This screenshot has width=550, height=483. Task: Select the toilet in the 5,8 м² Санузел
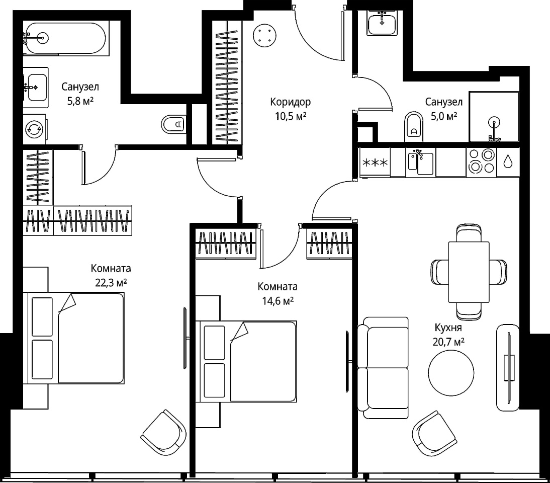[173, 124]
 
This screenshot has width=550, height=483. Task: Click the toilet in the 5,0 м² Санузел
[414, 127]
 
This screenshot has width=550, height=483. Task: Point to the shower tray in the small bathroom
[494, 117]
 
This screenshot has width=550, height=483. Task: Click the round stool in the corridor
[264, 35]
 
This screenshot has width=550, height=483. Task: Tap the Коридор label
[291, 102]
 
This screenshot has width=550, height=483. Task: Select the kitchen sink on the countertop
[421, 162]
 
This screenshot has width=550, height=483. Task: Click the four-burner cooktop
[481, 162]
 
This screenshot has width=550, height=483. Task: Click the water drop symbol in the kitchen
[508, 162]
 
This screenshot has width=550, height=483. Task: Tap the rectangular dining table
[469, 272]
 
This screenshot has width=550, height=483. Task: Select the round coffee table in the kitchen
[451, 373]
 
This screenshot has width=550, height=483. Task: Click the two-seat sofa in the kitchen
[383, 368]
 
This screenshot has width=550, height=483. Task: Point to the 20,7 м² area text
[448, 342]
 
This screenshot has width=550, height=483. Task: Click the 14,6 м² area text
[278, 301]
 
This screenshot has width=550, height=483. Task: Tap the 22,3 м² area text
[111, 283]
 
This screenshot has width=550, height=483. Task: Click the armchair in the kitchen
[434, 434]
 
